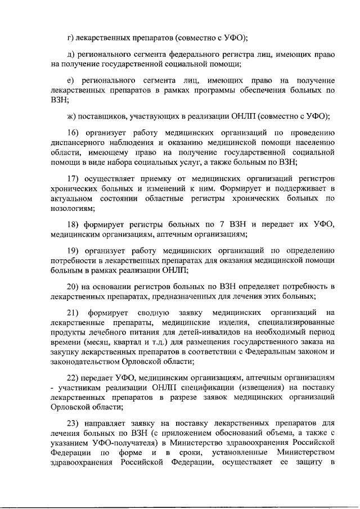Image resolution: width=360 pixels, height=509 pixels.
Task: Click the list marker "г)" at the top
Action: tap(70, 38)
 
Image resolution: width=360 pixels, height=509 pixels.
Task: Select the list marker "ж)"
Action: tap(71, 116)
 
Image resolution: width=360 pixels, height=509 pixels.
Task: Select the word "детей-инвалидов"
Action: tap(194, 332)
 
